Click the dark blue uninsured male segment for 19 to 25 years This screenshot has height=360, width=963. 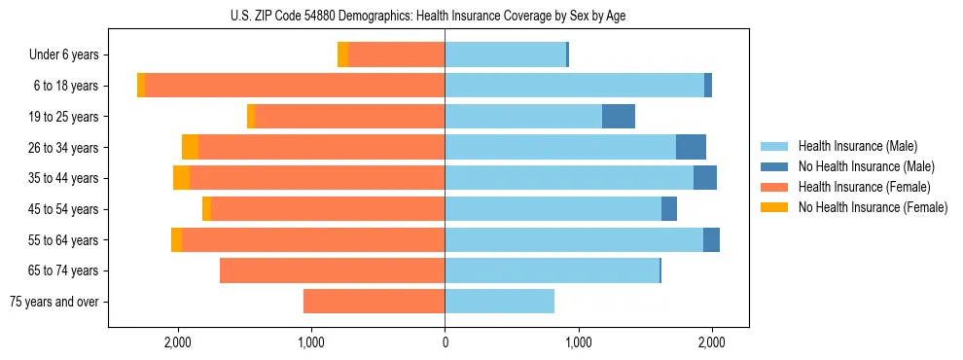click(619, 117)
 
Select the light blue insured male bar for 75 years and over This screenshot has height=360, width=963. click(499, 302)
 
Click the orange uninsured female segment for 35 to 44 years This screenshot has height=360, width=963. click(181, 178)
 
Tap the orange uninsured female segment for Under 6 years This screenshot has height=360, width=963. click(342, 55)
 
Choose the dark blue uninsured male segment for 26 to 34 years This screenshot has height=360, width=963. click(691, 148)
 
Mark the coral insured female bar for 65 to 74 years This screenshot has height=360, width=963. click(332, 270)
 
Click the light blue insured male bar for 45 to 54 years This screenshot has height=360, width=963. click(553, 209)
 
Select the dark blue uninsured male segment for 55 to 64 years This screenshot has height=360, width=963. click(711, 240)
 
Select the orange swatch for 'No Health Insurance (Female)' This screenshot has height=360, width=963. click(774, 207)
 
